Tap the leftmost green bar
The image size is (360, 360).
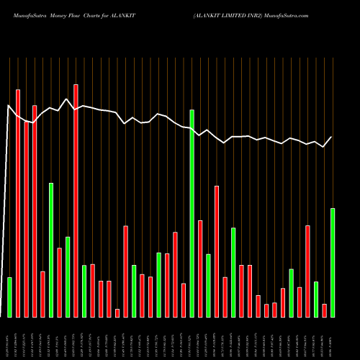click(x=9, y=297)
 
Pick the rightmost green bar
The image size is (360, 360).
click(x=332, y=262)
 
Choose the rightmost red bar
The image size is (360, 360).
click(x=324, y=310)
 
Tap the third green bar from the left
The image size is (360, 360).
click(x=68, y=276)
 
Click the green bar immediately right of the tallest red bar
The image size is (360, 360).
click(x=84, y=291)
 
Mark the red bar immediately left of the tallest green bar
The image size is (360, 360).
click(x=184, y=300)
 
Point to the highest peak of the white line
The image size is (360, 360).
click(x=67, y=99)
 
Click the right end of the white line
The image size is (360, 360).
click(x=331, y=137)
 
